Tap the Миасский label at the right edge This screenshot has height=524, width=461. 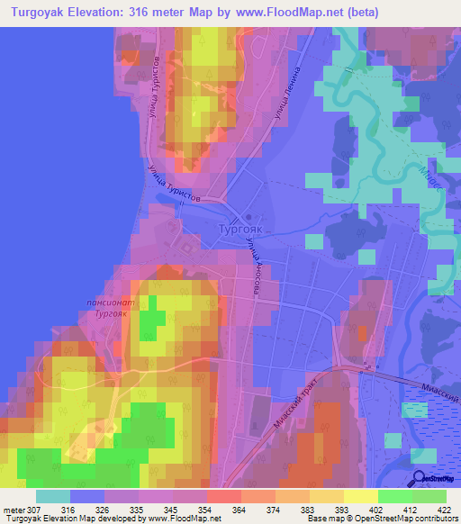tap(440, 389)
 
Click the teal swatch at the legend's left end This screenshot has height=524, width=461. tap(53, 496)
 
